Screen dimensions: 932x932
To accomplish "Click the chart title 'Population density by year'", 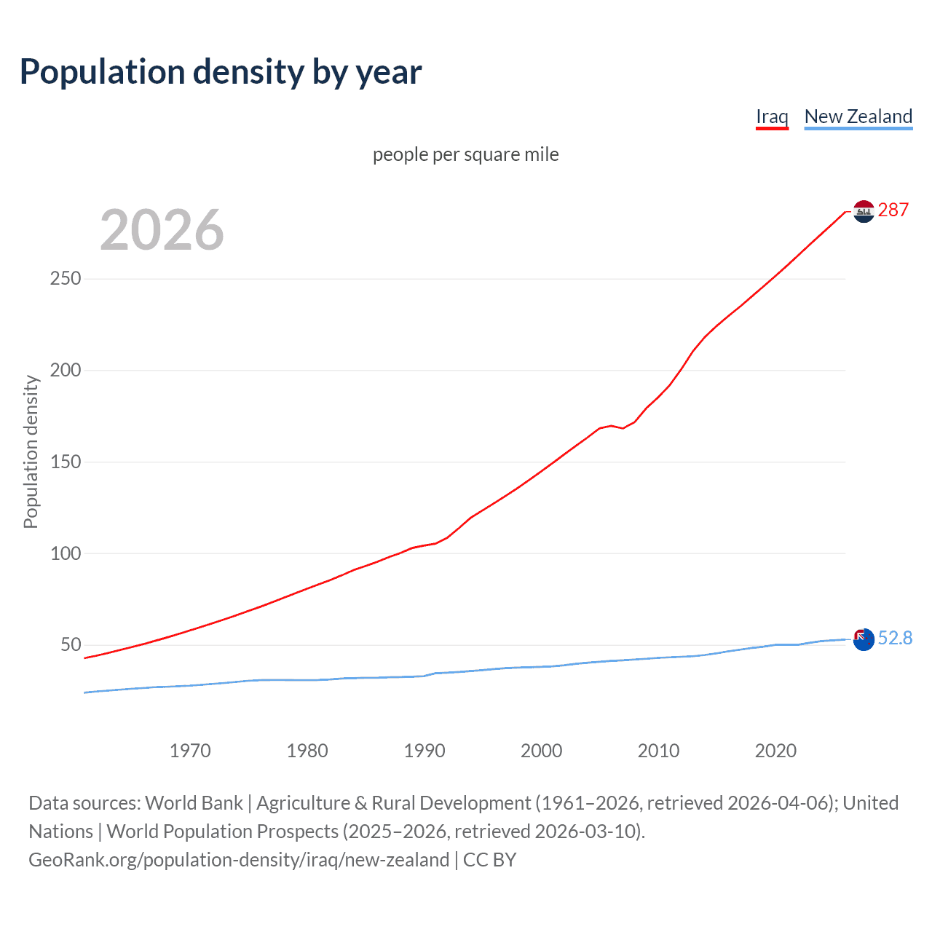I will (x=221, y=72).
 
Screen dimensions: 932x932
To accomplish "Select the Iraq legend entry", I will (x=772, y=116).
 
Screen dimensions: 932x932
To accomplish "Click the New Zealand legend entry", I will (x=858, y=116).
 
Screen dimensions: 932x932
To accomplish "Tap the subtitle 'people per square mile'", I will (x=466, y=154).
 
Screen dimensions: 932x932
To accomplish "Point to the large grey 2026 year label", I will (x=162, y=230).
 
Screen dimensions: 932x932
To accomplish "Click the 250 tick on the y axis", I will (x=66, y=279).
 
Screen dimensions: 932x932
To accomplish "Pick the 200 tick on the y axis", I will (x=66, y=371).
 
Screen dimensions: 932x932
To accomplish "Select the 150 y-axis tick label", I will (x=66, y=462).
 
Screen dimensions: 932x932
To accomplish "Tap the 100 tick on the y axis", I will (x=66, y=553).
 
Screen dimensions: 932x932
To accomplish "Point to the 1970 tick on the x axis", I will (x=190, y=751).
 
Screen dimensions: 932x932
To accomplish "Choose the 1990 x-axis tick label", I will (x=424, y=751).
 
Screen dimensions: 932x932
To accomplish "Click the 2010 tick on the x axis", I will (x=658, y=751).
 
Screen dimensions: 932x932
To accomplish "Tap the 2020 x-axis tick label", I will (x=775, y=751).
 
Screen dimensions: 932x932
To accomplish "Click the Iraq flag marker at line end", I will (x=864, y=211).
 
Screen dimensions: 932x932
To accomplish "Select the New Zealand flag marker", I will (x=864, y=640).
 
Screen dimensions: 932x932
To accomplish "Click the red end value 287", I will (x=893, y=210).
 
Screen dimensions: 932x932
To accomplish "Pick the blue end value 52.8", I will (x=895, y=639).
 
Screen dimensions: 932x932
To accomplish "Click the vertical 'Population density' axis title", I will (x=31, y=451).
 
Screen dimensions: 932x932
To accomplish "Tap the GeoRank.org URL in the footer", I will (x=239, y=860).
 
